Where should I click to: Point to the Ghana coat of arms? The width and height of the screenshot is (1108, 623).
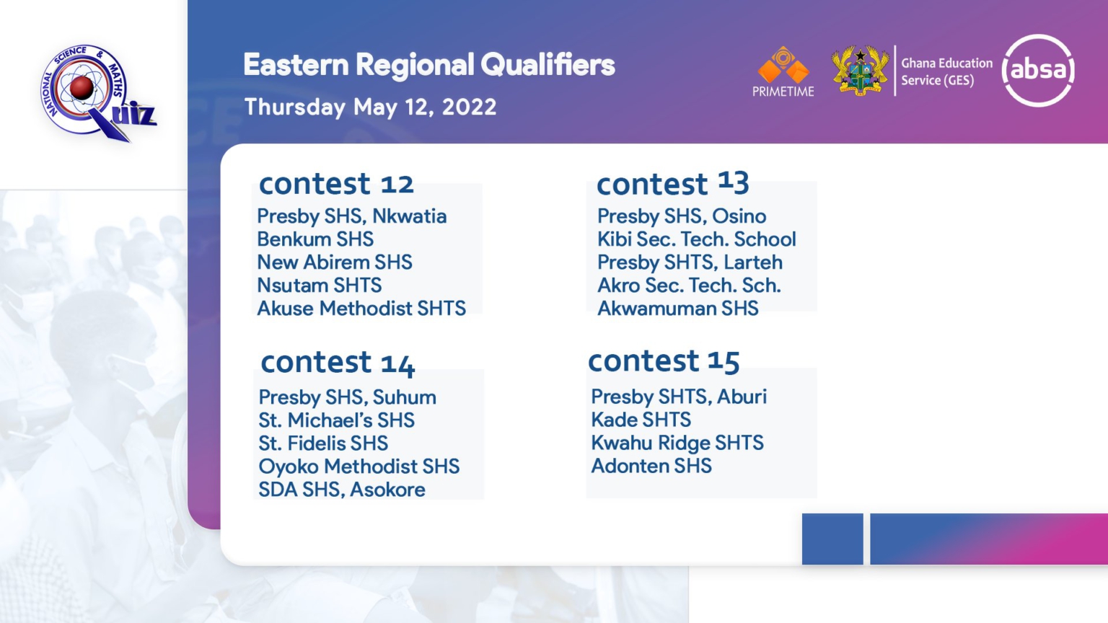[860, 70]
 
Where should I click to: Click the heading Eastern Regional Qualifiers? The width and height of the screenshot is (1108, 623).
[429, 66]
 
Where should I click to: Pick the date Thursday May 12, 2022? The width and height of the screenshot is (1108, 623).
[371, 107]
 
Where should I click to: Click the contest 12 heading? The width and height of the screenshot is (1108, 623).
[336, 183]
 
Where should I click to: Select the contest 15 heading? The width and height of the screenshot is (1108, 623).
[664, 361]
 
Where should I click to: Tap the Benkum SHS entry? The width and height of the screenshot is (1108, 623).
[315, 239]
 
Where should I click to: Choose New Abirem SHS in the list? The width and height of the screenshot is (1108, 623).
[335, 262]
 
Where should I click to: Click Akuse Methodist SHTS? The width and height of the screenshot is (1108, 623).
[361, 309]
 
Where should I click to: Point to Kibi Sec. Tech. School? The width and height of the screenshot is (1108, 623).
[696, 239]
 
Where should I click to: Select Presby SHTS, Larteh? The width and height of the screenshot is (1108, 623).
[690, 262]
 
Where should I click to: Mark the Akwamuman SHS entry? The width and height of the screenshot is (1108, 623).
[677, 309]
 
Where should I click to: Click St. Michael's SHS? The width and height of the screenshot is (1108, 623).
[336, 420]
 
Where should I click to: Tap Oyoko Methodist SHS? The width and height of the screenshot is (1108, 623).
[359, 467]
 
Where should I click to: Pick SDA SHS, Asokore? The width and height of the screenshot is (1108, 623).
[342, 490]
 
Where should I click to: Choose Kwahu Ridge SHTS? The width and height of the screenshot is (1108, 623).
[677, 443]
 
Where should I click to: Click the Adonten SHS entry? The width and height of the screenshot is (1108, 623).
[651, 466]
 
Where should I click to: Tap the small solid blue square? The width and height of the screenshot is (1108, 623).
[832, 539]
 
